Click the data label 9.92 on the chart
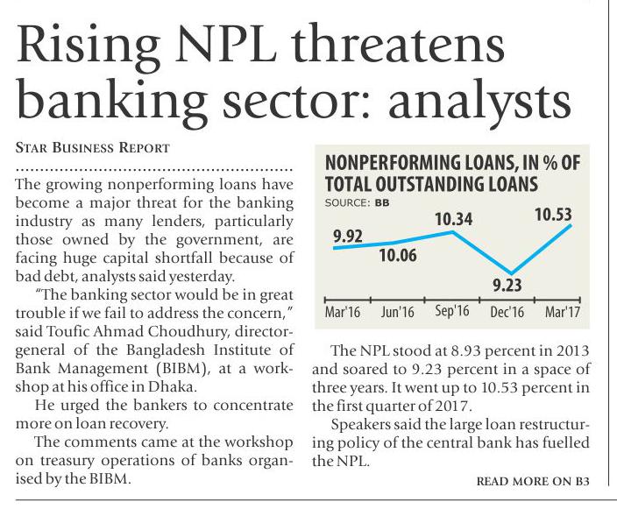pyautogui.click(x=349, y=234)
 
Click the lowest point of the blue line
pyautogui.click(x=510, y=272)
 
